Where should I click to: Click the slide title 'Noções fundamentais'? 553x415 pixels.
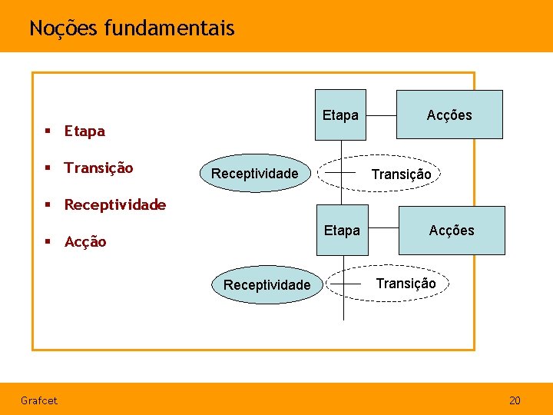tap(131, 28)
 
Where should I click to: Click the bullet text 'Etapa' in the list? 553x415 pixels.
tap(84, 131)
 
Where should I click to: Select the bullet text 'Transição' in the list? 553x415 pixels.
tap(98, 168)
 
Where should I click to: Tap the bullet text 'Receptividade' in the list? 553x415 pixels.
tap(115, 204)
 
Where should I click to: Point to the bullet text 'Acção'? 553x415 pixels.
tap(85, 241)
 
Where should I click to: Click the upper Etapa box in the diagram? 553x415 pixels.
tap(340, 115)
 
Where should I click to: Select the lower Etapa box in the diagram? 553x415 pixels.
tap(342, 230)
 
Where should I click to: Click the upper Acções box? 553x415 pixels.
tap(449, 115)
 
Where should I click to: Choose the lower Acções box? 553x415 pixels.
tap(452, 230)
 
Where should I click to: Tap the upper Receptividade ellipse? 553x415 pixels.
tap(254, 174)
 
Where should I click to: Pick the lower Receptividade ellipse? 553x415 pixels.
tap(267, 285)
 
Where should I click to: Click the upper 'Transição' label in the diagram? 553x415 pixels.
tap(401, 174)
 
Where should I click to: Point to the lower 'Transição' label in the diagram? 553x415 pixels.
tap(406, 283)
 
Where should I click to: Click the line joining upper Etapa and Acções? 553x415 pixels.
tap(380, 115)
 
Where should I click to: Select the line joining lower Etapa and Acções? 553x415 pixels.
tap(382, 230)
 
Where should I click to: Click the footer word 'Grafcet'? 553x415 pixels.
tap(38, 400)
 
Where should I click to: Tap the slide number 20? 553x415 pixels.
tap(515, 400)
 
